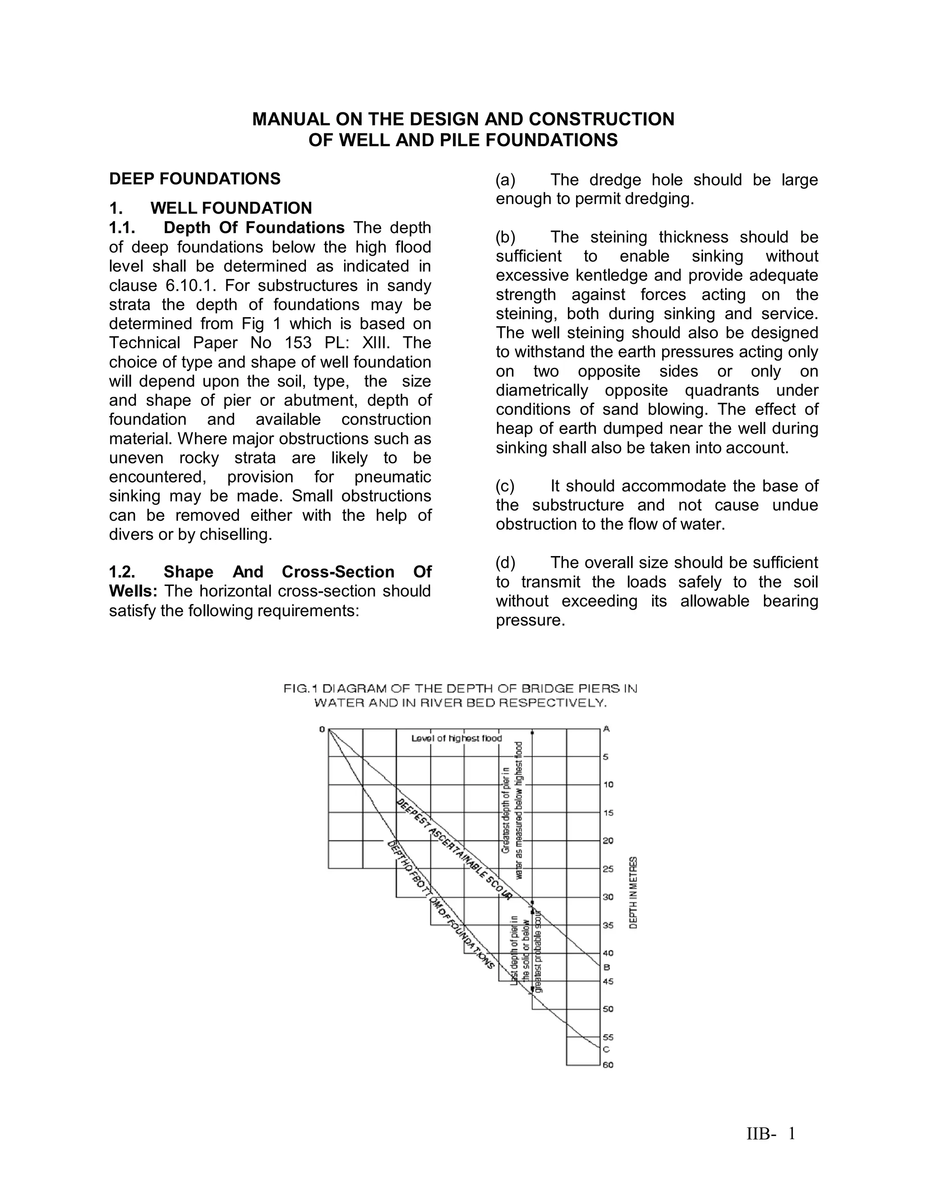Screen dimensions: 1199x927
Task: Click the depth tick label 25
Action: [608, 869]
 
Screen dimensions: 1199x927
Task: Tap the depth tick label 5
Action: [606, 757]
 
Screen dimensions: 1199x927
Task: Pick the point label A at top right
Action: [607, 728]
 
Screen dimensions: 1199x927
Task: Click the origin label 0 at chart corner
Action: [322, 729]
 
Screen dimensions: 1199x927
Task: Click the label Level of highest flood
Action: [456, 738]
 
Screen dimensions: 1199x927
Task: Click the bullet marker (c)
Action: [505, 486]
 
